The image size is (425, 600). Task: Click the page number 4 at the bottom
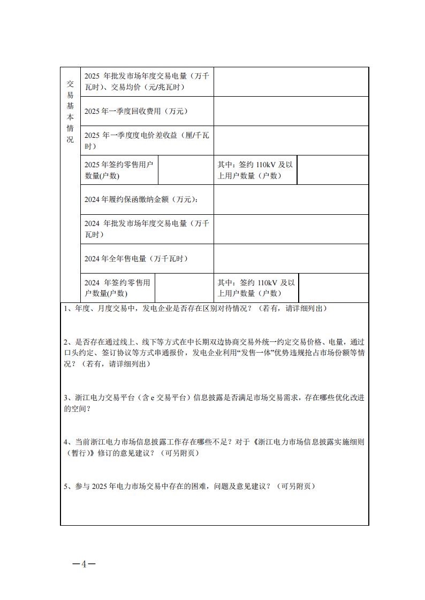pyautogui.click(x=84, y=564)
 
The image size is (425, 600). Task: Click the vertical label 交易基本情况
pyautogui.click(x=70, y=111)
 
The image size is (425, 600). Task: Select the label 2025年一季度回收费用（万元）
pyautogui.click(x=136, y=111)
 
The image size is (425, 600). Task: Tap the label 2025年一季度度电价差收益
pyautogui.click(x=147, y=141)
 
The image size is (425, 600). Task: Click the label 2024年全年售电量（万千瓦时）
pyautogui.click(x=136, y=259)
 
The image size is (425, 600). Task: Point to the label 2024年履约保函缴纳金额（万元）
pyautogui.click(x=141, y=199)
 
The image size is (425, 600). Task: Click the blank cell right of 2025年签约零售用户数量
pyautogui.click(x=186, y=170)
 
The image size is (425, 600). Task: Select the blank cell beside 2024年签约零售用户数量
pyautogui.click(x=184, y=288)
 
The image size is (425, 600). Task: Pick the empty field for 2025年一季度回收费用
pyautogui.click(x=291, y=111)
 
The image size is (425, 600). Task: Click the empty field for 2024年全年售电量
pyautogui.click(x=291, y=259)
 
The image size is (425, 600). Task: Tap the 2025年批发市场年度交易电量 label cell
pyautogui.click(x=147, y=82)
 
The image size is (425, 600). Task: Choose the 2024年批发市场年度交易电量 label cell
pyautogui.click(x=147, y=229)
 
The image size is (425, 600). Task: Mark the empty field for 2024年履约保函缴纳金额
pyautogui.click(x=291, y=199)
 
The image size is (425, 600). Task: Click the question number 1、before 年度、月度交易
pyautogui.click(x=67, y=309)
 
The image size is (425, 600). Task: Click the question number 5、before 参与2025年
pyautogui.click(x=67, y=486)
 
